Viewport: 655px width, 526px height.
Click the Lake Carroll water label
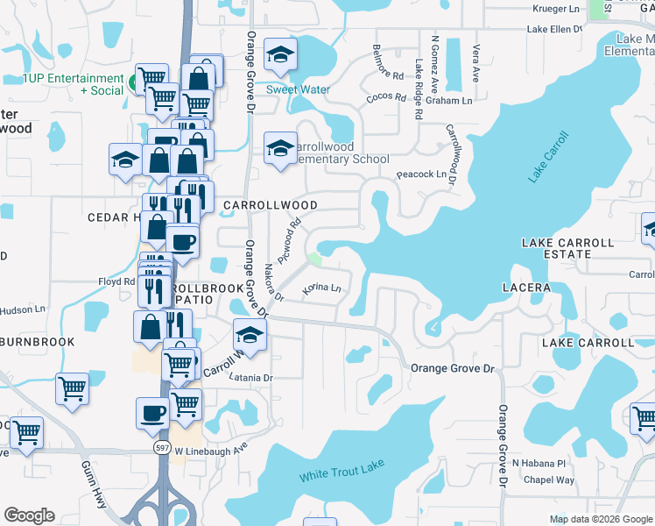click(548, 157)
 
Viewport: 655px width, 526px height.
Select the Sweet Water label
click(298, 89)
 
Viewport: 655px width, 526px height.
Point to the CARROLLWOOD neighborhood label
click(270, 204)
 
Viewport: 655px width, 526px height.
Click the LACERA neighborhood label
click(526, 288)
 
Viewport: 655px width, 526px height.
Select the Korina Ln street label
click(321, 288)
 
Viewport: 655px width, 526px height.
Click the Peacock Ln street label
click(421, 174)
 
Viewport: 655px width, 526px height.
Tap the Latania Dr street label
click(251, 378)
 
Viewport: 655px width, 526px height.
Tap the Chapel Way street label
click(548, 480)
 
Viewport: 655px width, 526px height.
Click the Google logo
click(29, 515)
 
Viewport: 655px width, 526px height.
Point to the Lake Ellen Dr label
click(554, 29)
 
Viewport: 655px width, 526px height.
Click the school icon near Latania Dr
click(250, 336)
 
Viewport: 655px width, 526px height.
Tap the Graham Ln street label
click(449, 101)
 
